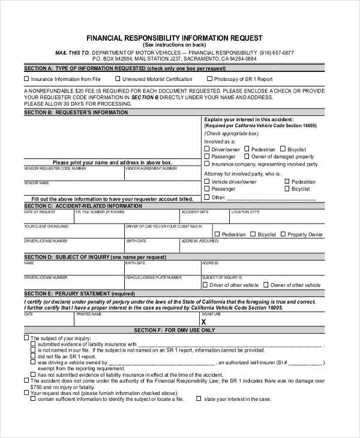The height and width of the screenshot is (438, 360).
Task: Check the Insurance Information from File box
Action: point(26,79)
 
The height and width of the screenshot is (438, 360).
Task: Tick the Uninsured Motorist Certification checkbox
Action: point(118,79)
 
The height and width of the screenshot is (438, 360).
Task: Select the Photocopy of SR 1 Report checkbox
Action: point(209,79)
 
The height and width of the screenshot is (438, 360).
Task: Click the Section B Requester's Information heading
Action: point(76,112)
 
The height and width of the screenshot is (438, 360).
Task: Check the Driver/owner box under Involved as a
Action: point(207,149)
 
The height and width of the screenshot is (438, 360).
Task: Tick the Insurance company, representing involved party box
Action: point(207,164)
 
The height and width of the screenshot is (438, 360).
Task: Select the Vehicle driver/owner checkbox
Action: point(207,181)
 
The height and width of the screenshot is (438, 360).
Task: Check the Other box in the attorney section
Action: point(207,197)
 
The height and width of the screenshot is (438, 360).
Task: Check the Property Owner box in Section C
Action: point(283,235)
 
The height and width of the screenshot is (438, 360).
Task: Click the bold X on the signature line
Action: point(205,322)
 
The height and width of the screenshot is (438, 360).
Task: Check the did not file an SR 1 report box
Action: point(32,356)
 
